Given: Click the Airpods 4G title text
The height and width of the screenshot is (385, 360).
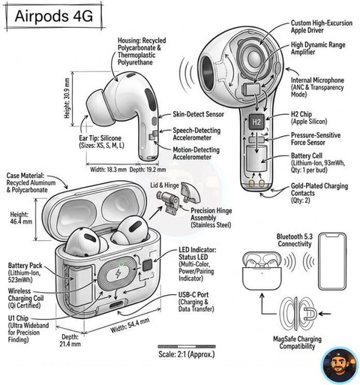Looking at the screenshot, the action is [x=54, y=17].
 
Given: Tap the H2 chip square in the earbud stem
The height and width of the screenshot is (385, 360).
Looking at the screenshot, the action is [x=256, y=122].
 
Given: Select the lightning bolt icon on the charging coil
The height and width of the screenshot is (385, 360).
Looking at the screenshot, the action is [x=118, y=275].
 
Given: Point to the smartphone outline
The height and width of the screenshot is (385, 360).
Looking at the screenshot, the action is [x=332, y=261].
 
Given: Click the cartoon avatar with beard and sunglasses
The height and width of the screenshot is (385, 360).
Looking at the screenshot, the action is [x=340, y=365].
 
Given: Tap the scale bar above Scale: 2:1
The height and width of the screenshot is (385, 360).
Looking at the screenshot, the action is [x=187, y=347].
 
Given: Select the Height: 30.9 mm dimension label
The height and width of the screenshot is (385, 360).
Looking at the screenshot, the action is [x=67, y=98].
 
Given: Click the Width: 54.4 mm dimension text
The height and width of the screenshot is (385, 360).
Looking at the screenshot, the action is [x=130, y=325].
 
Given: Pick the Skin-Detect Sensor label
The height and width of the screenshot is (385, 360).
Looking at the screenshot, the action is [x=198, y=114].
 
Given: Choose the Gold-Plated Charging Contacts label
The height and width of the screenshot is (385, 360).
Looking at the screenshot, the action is [x=319, y=193].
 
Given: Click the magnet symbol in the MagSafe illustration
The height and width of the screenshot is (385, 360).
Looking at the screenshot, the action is [x=310, y=314].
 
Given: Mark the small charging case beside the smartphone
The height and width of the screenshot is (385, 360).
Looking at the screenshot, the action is [x=262, y=271].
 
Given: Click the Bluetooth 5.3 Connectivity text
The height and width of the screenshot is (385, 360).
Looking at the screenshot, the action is [x=295, y=240].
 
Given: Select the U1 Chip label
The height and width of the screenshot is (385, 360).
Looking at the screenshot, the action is [x=18, y=318].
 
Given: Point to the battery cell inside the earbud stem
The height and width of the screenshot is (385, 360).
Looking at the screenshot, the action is [x=256, y=158].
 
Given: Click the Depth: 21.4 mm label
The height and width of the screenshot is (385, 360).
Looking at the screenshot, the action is [x=70, y=340].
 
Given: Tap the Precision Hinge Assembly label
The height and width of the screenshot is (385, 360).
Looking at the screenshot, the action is [x=211, y=218].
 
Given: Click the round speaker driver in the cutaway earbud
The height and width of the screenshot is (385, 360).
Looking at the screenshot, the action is [x=253, y=58].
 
